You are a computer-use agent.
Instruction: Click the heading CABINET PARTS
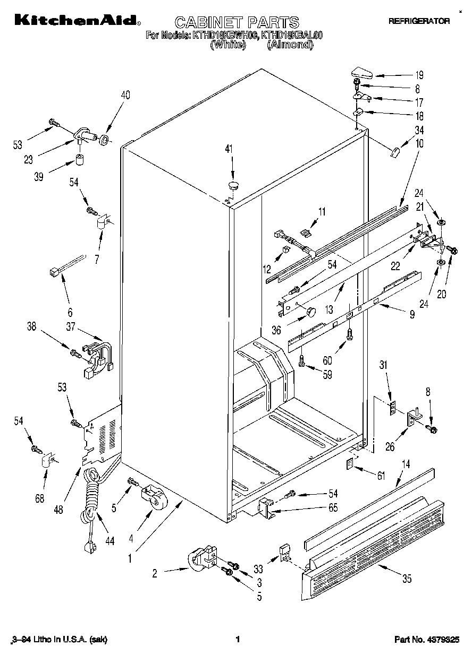(x=237, y=22)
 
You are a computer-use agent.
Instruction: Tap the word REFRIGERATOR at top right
(x=419, y=21)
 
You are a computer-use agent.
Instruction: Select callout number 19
(x=419, y=75)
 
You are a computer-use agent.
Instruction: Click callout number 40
(x=125, y=96)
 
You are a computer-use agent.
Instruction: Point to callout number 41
(x=229, y=150)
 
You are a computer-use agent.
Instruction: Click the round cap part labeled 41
(x=233, y=185)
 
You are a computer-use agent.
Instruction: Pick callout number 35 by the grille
(x=407, y=579)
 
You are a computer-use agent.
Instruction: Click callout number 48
(x=58, y=510)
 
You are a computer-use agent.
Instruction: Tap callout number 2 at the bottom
(x=155, y=573)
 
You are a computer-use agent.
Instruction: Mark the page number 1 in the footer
(x=238, y=640)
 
